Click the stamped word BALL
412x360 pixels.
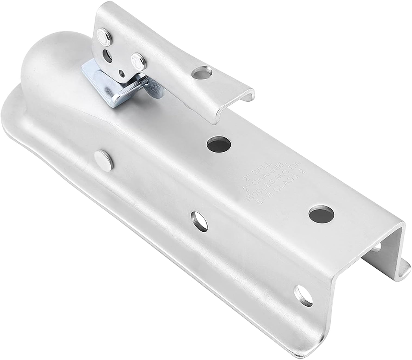[261, 169]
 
